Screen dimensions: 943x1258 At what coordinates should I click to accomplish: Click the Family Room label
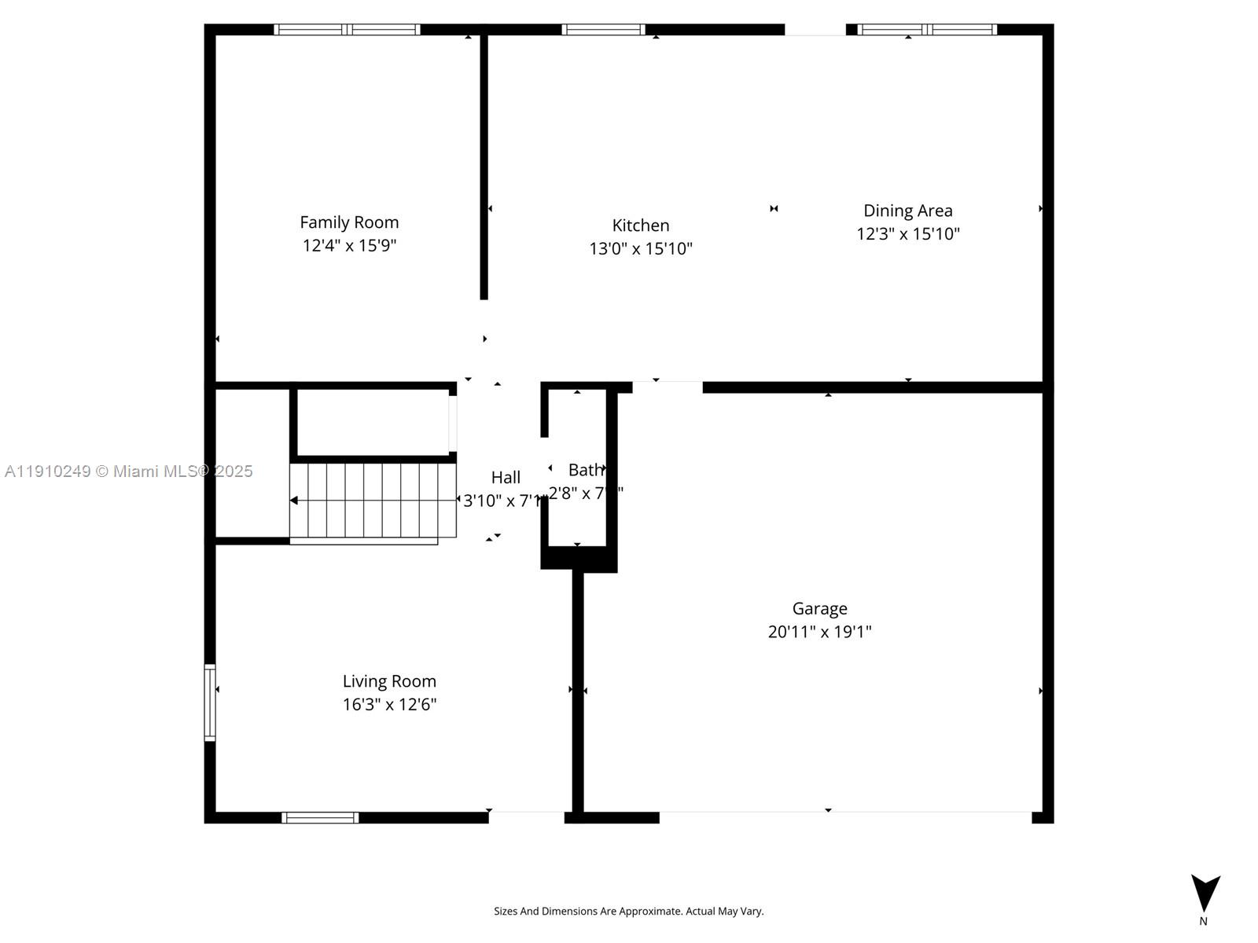[349, 222]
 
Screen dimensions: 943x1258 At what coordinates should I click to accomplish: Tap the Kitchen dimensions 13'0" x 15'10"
[641, 249]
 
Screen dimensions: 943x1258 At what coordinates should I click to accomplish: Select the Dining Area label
[907, 211]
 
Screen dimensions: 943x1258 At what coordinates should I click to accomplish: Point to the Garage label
[819, 608]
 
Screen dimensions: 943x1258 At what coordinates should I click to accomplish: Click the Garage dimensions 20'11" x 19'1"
[819, 632]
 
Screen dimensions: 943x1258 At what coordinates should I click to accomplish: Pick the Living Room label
[389, 681]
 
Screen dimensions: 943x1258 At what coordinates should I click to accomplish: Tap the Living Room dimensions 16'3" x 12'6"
[389, 704]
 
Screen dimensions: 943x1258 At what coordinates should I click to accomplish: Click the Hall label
[506, 477]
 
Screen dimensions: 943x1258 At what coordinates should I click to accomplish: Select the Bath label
[586, 470]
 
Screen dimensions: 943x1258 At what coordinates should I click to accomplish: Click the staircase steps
[373, 500]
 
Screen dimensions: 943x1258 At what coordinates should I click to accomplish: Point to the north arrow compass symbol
[1205, 893]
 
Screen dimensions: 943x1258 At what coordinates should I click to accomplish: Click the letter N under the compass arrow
[1203, 921]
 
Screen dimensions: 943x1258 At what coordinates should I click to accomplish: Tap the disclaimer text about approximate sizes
[628, 912]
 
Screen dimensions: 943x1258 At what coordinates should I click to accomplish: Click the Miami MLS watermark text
[128, 471]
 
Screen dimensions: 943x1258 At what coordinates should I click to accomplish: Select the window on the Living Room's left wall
[210, 703]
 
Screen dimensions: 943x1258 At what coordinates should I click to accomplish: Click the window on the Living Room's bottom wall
[320, 817]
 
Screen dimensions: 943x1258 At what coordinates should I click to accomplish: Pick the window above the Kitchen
[603, 30]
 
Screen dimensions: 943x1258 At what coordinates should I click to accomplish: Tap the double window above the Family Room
[347, 30]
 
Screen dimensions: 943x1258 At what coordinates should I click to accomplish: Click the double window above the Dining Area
[927, 30]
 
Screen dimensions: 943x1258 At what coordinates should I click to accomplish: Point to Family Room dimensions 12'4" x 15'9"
[349, 245]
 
